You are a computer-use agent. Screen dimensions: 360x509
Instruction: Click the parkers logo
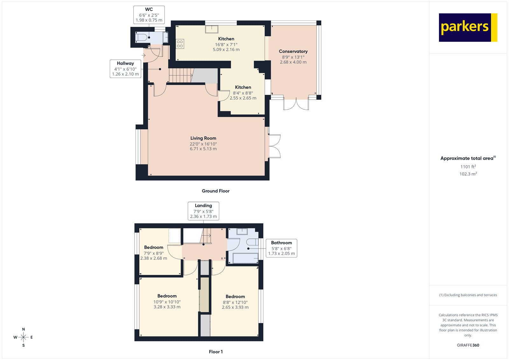coord(468,27)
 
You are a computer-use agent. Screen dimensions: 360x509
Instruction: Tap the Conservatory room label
coord(293,51)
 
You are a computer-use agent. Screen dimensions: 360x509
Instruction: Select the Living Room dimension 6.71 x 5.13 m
coord(203,149)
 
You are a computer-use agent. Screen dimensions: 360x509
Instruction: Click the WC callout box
coord(149,15)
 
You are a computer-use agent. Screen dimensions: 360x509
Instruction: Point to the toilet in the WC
coord(142,38)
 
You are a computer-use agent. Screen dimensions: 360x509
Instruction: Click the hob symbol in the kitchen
coord(180,44)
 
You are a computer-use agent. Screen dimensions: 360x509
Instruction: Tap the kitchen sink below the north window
coord(212,29)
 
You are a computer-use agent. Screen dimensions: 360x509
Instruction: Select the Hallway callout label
coord(125,68)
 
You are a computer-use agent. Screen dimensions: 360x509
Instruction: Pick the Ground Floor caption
coord(215,191)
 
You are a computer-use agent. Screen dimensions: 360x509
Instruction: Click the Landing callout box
coord(203,211)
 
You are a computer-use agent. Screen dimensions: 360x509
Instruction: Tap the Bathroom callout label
coord(281,248)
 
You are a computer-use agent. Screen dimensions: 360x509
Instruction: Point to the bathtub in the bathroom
coord(245,258)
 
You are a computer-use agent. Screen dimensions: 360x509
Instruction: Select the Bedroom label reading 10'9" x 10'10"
coord(167,301)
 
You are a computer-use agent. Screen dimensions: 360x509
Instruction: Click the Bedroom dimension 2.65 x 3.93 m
coord(235,307)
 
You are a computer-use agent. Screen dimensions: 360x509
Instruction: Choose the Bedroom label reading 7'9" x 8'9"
coord(154,253)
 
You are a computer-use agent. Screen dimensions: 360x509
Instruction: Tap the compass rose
coord(23,337)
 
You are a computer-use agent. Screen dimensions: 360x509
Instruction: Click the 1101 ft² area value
coord(468,167)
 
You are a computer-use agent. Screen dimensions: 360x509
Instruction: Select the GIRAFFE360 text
coord(468,345)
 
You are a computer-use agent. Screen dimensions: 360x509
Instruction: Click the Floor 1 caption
coord(216,352)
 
